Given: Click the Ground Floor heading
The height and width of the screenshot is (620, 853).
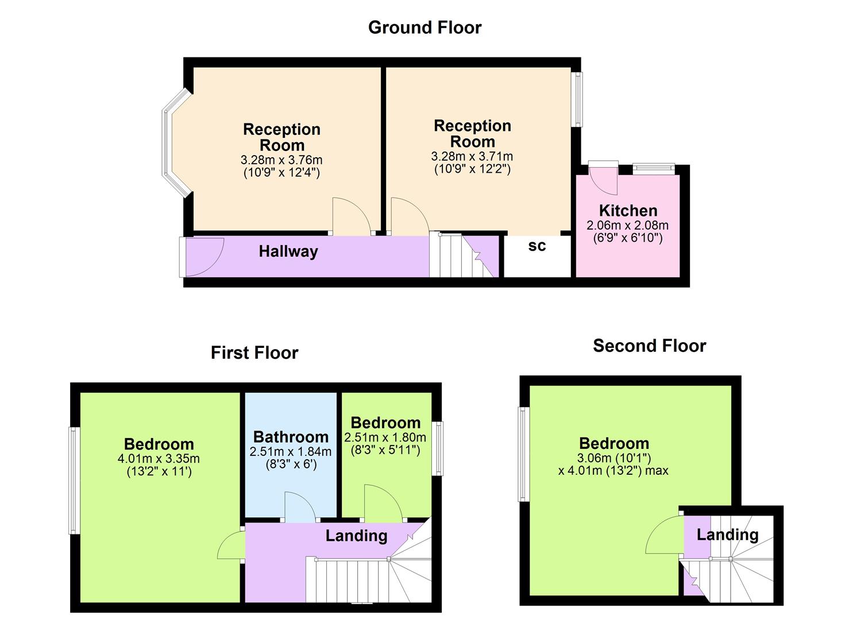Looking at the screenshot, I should point(424,28).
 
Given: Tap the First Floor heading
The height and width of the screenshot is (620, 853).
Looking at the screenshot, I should point(254,352).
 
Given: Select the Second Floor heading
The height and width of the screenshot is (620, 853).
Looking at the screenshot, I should point(649,346).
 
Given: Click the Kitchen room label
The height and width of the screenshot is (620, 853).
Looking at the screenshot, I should point(628,211).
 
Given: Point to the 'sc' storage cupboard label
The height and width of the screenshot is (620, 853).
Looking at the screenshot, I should point(537,246).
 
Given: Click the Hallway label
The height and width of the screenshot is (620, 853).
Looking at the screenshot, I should point(288,251).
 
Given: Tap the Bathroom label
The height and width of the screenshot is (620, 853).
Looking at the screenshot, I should point(291,437).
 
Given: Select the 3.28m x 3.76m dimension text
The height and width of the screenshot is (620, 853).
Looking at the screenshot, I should point(281,160).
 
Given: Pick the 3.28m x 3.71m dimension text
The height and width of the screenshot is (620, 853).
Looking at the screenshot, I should point(472,156).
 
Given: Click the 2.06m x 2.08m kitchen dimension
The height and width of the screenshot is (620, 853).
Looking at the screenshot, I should point(628,225).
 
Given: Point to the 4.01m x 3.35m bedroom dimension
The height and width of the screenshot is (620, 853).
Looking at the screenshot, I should point(159,459).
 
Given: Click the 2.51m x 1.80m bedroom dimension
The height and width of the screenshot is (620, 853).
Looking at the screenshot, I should point(385,437).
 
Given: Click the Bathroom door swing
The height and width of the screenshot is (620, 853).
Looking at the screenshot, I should point(300,507).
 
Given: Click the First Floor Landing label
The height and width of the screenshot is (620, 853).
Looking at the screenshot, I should point(356,536).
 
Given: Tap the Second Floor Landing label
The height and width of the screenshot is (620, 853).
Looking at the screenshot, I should point(727,535).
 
